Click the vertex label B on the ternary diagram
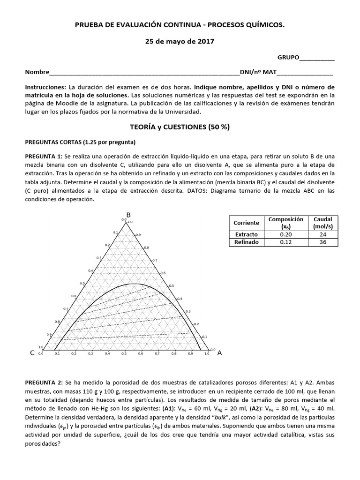click(x=128, y=215)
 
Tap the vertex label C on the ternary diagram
click(x=32, y=353)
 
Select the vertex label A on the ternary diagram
click(x=219, y=353)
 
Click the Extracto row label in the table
click(x=246, y=234)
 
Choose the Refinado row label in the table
click(x=246, y=242)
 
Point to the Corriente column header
click(x=246, y=223)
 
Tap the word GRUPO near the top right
click(x=288, y=57)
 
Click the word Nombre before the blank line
click(x=37, y=73)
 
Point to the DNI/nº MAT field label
click(x=258, y=73)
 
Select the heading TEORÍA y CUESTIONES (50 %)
click(x=180, y=127)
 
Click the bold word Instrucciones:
click(x=45, y=87)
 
